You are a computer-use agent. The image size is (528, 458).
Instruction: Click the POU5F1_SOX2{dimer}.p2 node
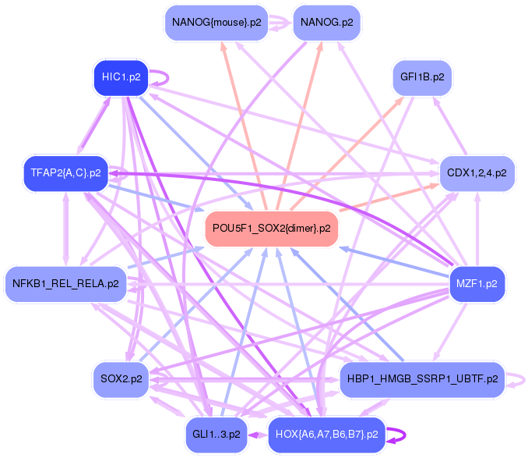pyautogui.click(x=271, y=229)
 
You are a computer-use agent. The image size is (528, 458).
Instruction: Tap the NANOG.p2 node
pyautogui.click(x=326, y=23)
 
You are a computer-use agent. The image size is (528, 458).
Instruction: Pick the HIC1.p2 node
pyautogui.click(x=121, y=77)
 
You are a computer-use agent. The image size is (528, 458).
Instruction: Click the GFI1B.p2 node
pyautogui.click(x=422, y=77)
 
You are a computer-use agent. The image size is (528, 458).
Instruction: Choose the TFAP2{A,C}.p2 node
pyautogui.click(x=65, y=172)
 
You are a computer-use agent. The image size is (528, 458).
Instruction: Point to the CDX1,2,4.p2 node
pyautogui.click(x=477, y=172)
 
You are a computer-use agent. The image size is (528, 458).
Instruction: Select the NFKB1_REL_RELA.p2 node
pyautogui.click(x=65, y=283)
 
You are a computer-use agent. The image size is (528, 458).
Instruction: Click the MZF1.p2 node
pyautogui.click(x=477, y=283)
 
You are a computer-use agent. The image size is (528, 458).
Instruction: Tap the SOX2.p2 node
pyautogui.click(x=121, y=379)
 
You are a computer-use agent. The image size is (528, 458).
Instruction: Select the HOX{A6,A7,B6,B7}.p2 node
pyautogui.click(x=326, y=434)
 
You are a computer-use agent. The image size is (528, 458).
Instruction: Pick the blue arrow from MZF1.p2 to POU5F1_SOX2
pyautogui.click(x=397, y=264)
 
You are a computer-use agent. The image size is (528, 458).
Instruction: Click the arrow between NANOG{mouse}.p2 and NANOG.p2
pyautogui.click(x=280, y=23)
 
